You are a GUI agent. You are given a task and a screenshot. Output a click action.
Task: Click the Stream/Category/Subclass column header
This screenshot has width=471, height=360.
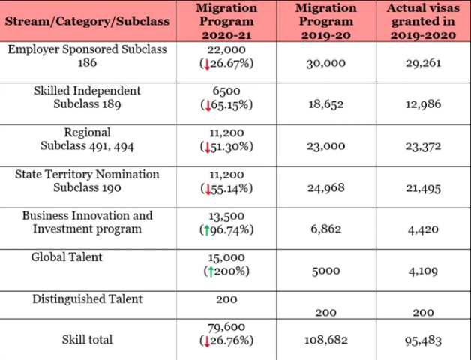[x=87, y=21]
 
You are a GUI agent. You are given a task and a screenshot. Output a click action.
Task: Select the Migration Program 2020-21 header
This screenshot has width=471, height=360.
[x=226, y=21]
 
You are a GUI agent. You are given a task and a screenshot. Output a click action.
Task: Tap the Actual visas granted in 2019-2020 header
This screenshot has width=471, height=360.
[x=423, y=21]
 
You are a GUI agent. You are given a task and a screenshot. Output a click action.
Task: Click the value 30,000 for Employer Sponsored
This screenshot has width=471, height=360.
[x=326, y=63]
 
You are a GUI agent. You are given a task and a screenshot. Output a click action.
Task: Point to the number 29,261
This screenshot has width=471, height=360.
[x=423, y=63]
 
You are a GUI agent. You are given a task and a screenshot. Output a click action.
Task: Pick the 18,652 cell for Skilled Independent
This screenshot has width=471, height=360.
[x=326, y=104]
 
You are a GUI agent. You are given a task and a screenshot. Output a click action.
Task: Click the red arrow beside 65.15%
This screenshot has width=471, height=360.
[x=208, y=106]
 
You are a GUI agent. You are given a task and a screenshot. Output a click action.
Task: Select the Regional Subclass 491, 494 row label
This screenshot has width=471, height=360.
[x=87, y=139]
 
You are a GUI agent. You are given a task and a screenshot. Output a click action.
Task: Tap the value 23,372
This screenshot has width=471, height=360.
[x=423, y=146]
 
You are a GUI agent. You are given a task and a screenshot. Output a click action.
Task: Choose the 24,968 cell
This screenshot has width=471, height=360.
[x=326, y=188]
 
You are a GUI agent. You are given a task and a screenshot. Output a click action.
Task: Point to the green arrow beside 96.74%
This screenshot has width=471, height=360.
[x=207, y=230]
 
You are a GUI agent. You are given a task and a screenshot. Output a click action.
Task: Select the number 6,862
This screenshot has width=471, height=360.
[x=326, y=229]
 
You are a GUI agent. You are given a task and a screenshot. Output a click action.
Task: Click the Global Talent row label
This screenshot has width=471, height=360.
[x=67, y=257]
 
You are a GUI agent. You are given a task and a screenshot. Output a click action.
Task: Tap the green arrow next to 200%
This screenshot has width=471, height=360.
[x=211, y=271]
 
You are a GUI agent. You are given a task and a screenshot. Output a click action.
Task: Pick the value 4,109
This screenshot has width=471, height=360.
[x=423, y=271]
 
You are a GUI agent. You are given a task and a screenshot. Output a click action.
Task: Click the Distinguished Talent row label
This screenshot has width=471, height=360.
[x=87, y=299]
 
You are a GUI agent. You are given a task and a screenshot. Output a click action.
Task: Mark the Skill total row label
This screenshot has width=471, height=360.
[x=87, y=340]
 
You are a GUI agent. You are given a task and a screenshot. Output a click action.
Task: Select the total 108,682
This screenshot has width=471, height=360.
[x=326, y=340]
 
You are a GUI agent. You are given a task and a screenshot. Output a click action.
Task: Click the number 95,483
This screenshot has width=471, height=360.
[x=423, y=340]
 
